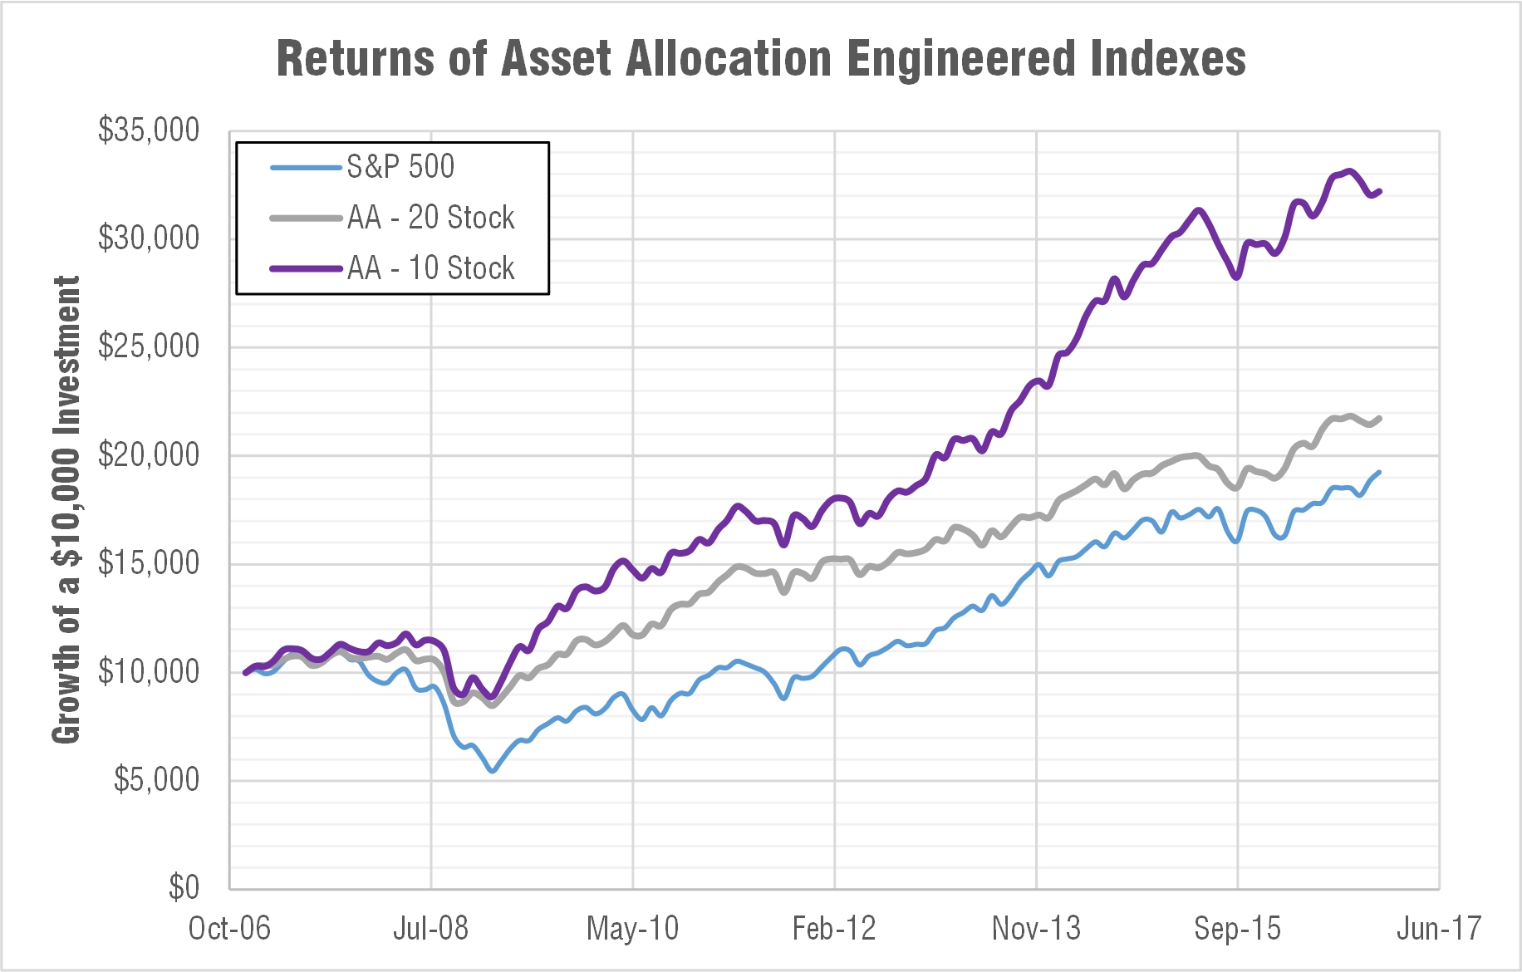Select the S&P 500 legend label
[400, 167]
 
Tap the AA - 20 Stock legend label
[430, 218]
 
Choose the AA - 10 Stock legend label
[430, 268]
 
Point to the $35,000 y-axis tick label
[149, 130]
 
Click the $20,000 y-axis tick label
[149, 454]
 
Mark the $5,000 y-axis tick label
[156, 779]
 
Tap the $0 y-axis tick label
[184, 887]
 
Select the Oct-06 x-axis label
[229, 928]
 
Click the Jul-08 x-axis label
[430, 928]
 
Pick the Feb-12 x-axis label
[834, 928]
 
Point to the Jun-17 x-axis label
[1439, 928]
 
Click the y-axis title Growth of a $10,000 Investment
[66, 508]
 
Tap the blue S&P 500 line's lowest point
[493, 771]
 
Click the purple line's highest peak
[1349, 171]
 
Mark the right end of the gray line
[1380, 418]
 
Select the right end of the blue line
[1379, 473]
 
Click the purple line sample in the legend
[306, 268]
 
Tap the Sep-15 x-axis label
[1237, 928]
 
